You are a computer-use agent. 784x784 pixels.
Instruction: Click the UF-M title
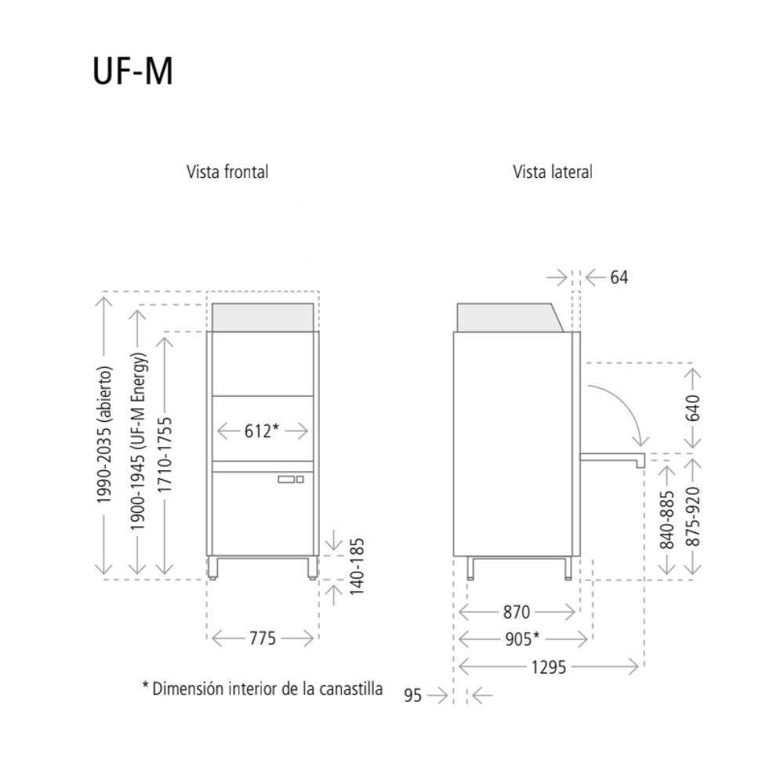(132, 72)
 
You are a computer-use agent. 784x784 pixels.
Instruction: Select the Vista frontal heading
(227, 172)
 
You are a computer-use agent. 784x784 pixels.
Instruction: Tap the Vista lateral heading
(553, 172)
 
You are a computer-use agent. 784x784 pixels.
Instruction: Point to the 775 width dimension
(263, 639)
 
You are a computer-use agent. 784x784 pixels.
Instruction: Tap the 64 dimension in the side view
(619, 278)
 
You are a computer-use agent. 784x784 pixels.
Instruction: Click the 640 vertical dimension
(692, 408)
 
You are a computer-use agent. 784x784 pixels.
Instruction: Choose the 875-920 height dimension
(692, 517)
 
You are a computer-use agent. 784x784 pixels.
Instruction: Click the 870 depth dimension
(517, 612)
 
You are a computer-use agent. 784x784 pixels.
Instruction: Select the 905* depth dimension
(522, 639)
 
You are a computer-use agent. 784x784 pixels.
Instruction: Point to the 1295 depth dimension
(548, 667)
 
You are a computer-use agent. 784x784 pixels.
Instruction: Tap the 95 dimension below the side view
(413, 695)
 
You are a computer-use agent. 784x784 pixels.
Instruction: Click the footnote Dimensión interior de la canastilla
(263, 689)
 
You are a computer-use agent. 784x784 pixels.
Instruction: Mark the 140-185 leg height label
(356, 565)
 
